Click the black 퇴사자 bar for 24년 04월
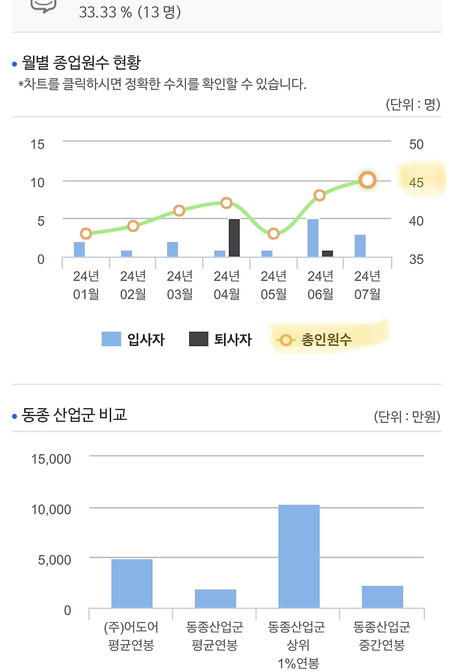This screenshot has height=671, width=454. (234, 237)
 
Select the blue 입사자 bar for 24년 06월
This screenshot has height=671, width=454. (313, 237)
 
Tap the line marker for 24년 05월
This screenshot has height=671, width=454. (273, 233)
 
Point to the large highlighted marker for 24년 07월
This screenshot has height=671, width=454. (368, 180)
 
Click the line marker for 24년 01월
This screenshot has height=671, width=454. (86, 233)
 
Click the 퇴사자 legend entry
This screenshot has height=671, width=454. (221, 340)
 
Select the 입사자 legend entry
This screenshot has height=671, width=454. (133, 340)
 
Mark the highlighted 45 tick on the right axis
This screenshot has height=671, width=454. (416, 183)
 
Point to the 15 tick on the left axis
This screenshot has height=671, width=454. (37, 144)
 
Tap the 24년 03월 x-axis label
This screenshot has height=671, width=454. (179, 284)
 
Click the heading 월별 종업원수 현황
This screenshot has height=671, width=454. (81, 64)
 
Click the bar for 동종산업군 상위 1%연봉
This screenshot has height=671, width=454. (299, 556)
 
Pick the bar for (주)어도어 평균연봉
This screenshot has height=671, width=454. (132, 584)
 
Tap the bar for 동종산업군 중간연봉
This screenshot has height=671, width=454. (382, 597)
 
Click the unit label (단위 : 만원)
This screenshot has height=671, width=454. (407, 416)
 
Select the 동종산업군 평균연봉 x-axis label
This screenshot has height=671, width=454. (215, 636)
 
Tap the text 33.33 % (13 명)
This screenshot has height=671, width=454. (130, 12)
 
